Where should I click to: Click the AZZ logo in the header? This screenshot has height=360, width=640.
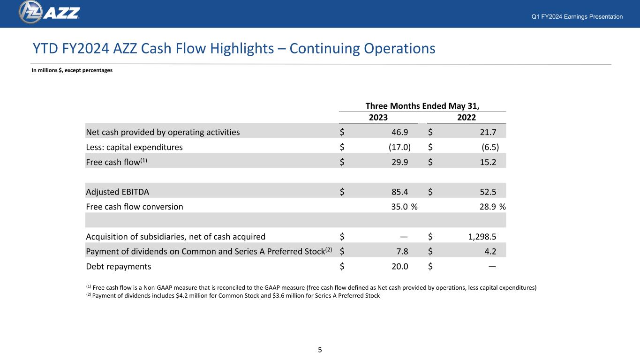click(49, 12)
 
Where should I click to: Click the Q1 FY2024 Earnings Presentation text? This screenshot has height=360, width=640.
click(577, 16)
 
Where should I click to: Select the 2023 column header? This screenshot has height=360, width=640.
click(378, 118)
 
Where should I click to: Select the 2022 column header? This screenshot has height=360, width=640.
click(466, 118)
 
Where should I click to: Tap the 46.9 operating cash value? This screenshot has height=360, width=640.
click(400, 132)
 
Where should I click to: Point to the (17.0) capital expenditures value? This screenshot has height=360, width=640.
click(399, 147)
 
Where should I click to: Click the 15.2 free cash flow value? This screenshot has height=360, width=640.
click(488, 162)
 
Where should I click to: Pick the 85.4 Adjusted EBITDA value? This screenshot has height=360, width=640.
click(400, 192)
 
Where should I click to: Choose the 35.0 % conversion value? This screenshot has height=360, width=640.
click(404, 207)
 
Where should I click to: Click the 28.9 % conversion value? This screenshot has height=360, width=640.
click(493, 207)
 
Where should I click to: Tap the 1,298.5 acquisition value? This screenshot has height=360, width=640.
click(482, 237)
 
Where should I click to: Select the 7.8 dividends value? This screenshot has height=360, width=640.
click(402, 251)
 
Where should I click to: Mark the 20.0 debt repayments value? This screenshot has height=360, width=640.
click(400, 266)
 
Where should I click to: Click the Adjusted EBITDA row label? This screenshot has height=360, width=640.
click(117, 192)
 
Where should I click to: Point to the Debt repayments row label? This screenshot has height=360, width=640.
click(119, 266)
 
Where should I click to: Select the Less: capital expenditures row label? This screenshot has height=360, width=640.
click(134, 147)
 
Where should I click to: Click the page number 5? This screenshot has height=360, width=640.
click(320, 350)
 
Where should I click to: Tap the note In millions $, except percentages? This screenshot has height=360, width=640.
click(72, 70)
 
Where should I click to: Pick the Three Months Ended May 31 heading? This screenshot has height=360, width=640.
click(422, 106)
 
